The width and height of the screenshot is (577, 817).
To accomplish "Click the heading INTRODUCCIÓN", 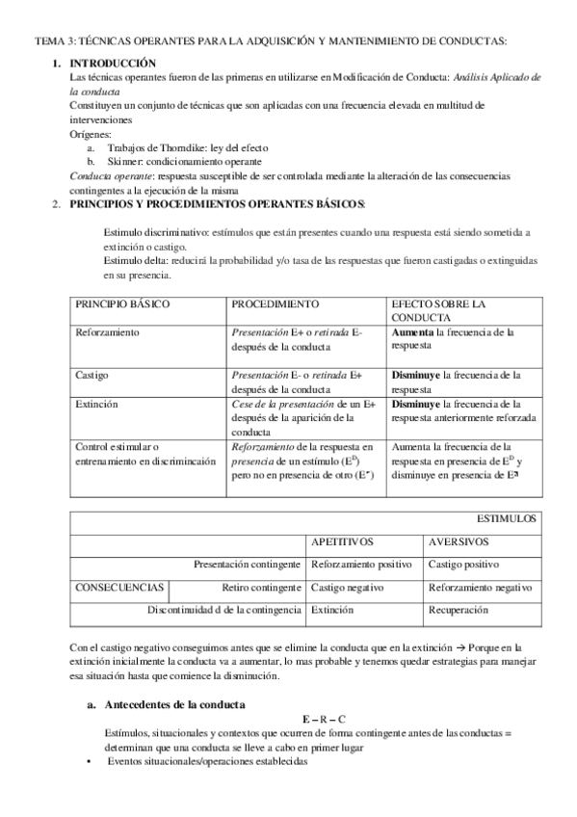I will (114, 63).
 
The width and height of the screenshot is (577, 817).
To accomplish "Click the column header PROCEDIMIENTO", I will (275, 303).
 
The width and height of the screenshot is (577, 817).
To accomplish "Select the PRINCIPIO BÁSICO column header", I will (122, 303).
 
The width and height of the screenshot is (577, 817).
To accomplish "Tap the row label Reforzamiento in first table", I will (107, 332).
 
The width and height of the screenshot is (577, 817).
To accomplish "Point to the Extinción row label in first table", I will (96, 405).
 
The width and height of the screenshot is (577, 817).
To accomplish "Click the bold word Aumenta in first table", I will (412, 332).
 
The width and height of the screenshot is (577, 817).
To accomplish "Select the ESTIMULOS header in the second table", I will (508, 518).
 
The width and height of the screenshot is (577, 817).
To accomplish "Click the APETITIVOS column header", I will (343, 541).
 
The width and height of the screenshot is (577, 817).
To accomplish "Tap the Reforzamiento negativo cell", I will (480, 586).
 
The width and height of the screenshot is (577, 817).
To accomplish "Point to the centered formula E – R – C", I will (324, 720).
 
